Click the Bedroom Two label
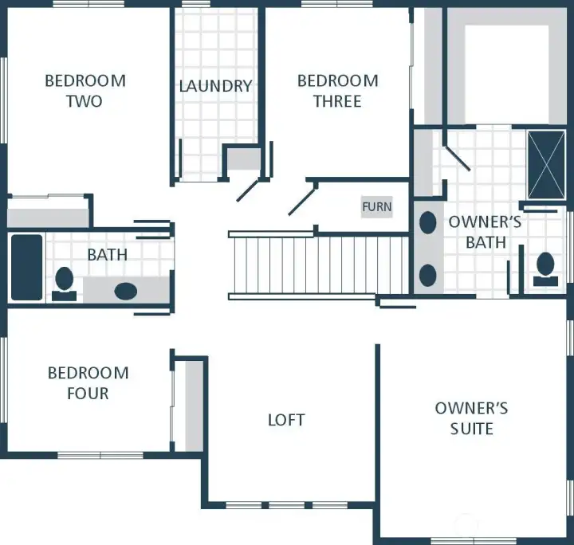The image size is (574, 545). [x=85, y=91]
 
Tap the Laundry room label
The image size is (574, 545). [x=215, y=86]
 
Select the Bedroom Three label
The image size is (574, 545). [x=337, y=91]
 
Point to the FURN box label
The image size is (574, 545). [x=376, y=206]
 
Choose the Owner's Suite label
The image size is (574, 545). [x=471, y=418]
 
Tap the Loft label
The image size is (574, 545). [x=286, y=420]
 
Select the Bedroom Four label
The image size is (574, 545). [x=88, y=382]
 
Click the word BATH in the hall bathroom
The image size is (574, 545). [x=108, y=255]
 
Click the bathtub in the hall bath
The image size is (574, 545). [x=26, y=267]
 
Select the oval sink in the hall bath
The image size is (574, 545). [x=125, y=290]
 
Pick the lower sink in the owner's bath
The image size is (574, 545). [x=428, y=275]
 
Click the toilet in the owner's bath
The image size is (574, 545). [x=546, y=266]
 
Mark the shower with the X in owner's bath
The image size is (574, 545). [x=546, y=163]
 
